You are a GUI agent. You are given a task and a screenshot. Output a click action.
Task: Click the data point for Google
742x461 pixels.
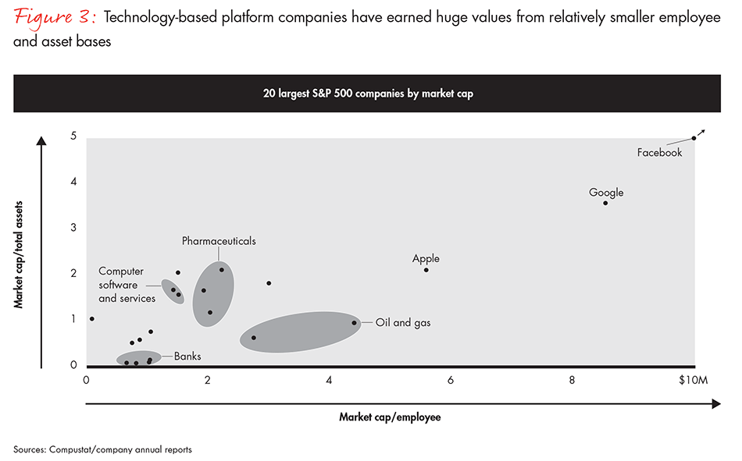605,203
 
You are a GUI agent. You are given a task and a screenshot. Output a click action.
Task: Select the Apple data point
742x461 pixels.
426,270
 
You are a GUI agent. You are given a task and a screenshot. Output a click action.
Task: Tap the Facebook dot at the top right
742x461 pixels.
694,138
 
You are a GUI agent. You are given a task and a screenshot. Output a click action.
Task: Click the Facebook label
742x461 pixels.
659,153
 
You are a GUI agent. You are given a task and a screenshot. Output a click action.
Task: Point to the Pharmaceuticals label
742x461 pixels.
219,241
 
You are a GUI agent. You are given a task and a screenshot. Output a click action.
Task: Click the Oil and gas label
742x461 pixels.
403,322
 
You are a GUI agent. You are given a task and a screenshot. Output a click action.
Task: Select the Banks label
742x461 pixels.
187,356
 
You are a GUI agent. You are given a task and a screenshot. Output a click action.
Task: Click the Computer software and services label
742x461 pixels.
127,285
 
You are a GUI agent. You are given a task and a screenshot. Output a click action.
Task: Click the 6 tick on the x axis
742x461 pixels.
451,380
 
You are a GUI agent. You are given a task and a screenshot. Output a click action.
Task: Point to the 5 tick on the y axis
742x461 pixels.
73,137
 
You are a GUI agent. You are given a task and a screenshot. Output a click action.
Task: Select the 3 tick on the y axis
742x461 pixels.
73,228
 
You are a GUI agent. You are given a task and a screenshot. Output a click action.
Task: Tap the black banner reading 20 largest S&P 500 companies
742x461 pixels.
367,94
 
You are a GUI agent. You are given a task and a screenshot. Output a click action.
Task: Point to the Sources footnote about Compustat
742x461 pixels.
102,449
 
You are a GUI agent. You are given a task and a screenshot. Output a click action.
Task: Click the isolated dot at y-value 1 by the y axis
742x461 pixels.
92,318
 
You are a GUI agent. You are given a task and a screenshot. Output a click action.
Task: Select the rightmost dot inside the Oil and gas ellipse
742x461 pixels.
354,323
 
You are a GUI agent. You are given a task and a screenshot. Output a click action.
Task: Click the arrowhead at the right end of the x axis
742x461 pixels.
715,403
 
